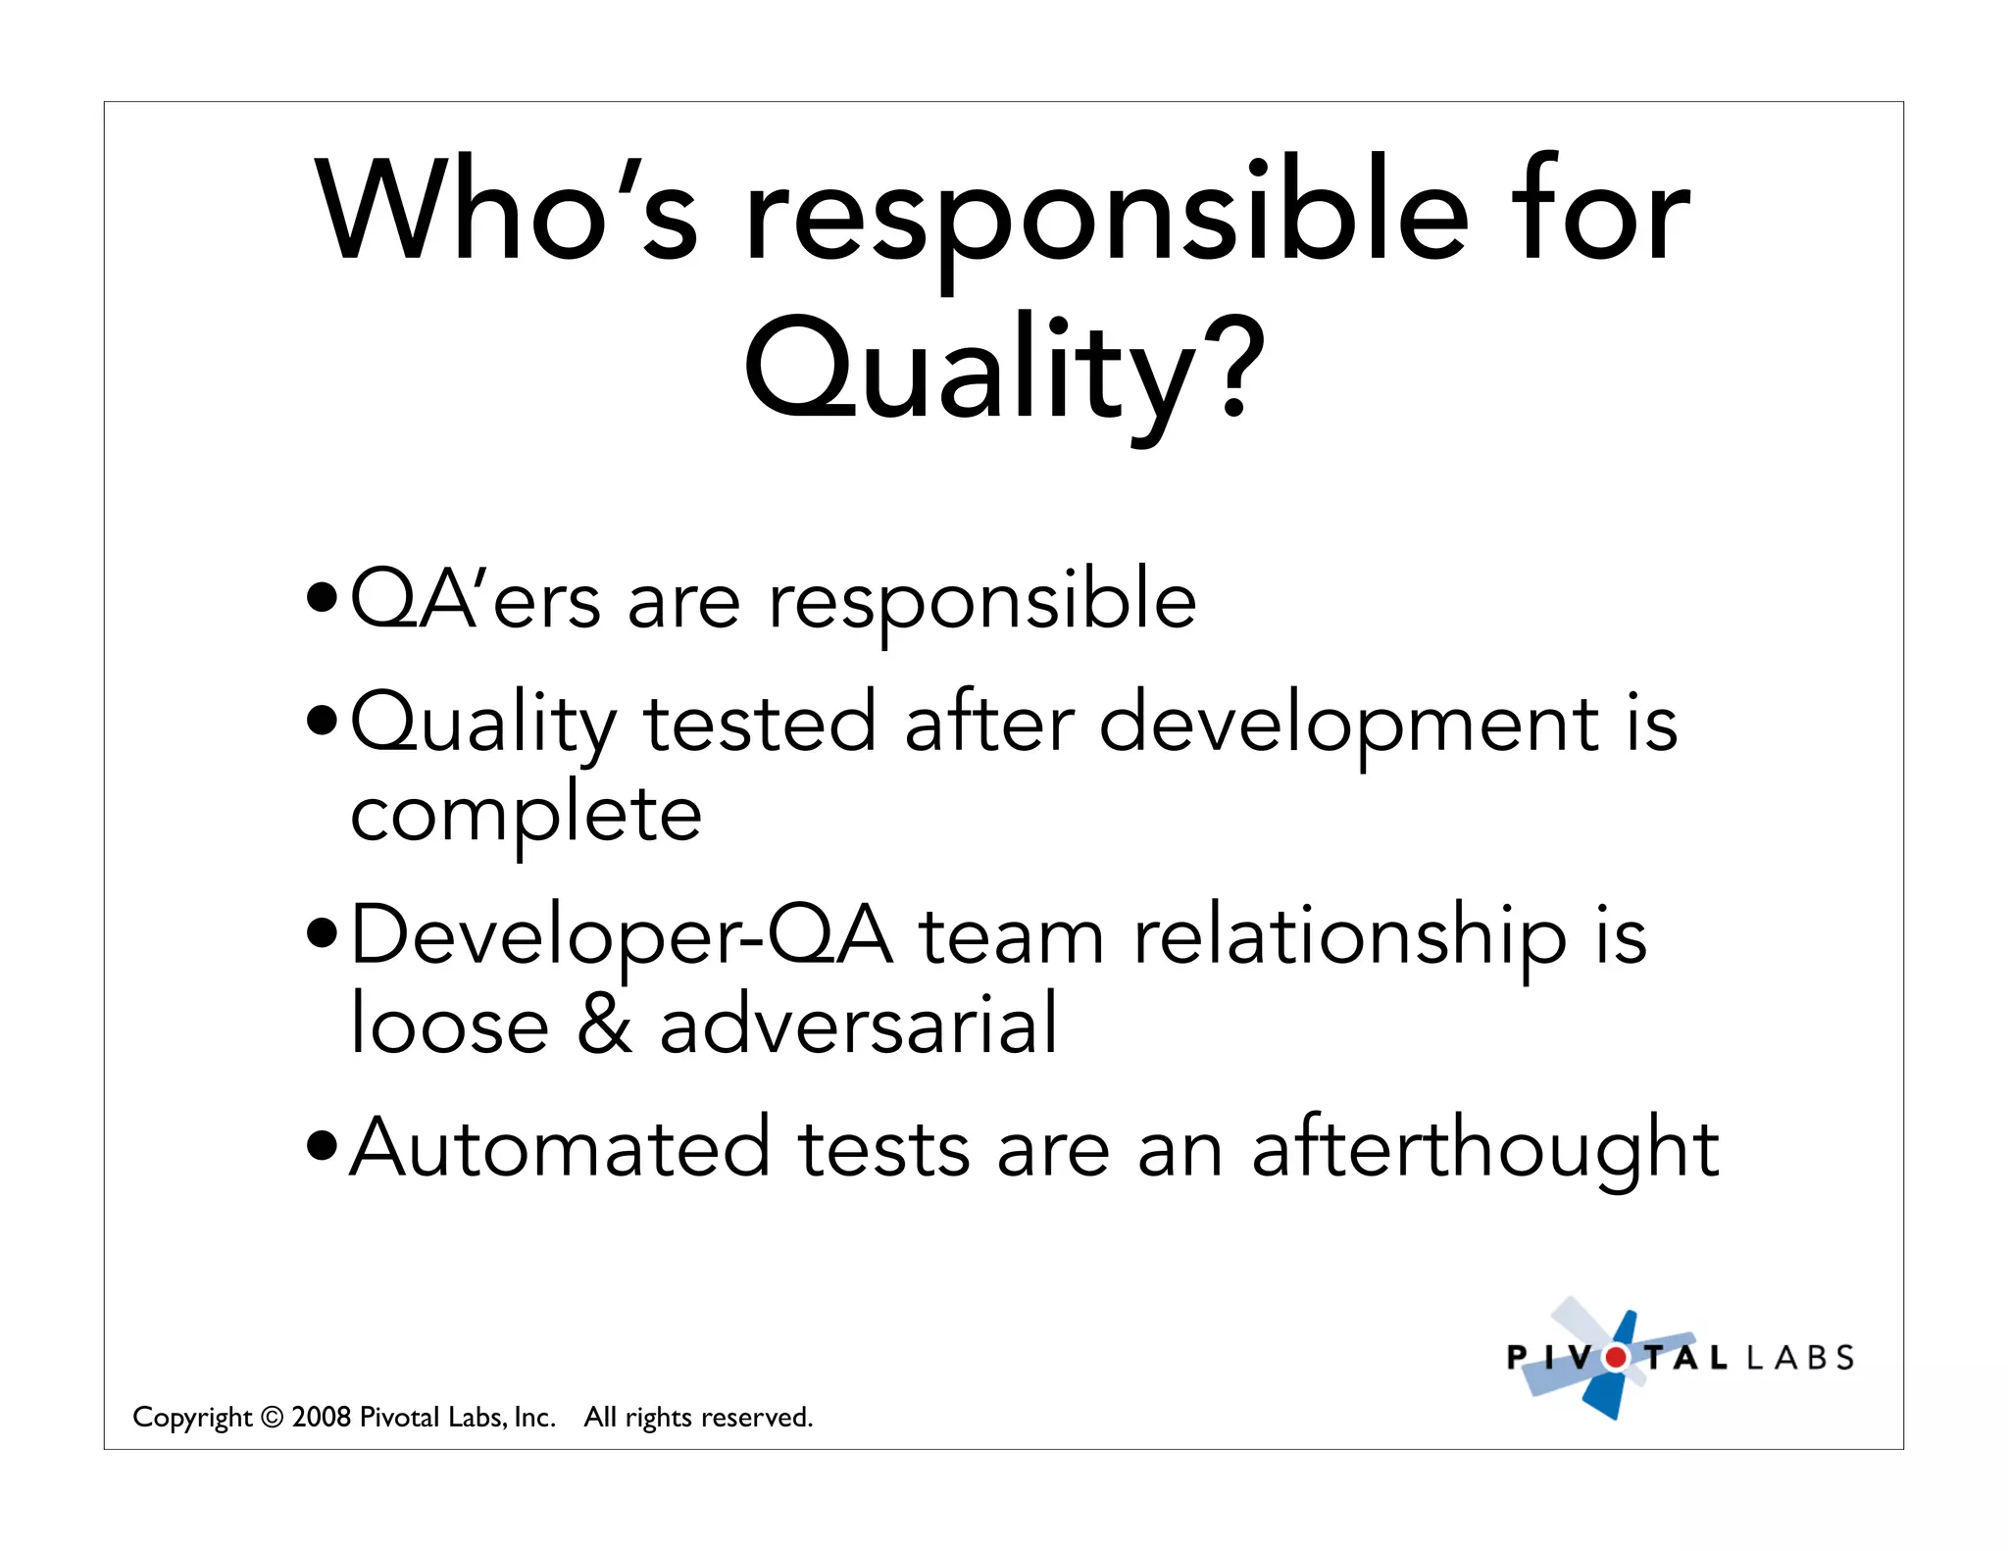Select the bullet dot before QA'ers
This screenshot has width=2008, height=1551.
(x=322, y=595)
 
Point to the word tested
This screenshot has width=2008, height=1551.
(x=760, y=723)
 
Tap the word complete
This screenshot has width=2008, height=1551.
(x=527, y=815)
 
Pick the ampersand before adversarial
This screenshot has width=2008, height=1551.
(x=605, y=1024)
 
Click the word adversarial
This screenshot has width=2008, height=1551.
(x=858, y=1024)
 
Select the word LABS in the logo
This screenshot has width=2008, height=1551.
(x=1800, y=1358)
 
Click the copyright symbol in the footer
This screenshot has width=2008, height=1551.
(x=273, y=1418)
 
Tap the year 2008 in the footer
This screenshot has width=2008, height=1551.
(x=322, y=1417)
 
